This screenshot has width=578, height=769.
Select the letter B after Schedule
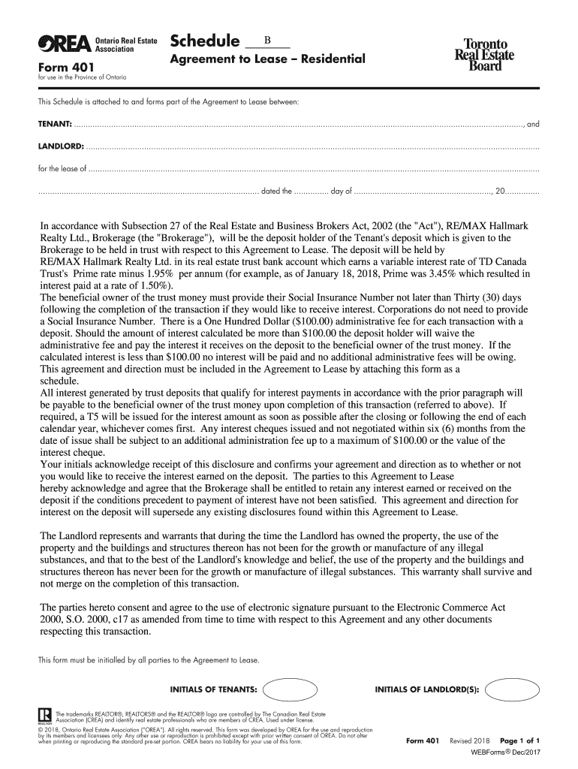[266, 40]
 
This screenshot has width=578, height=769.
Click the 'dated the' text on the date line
[276, 191]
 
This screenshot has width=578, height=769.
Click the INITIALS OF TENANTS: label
[214, 689]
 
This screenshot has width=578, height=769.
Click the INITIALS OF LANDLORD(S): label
[426, 689]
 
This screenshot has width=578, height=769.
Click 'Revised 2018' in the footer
[469, 740]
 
